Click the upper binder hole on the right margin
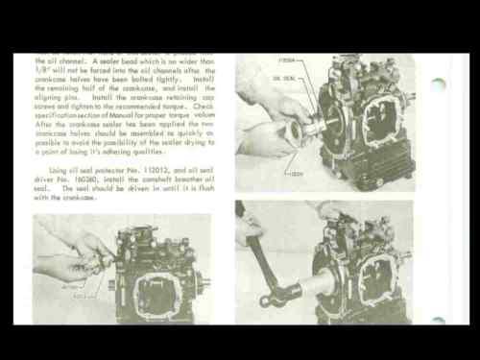(x=439, y=84)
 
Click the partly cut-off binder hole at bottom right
(x=439, y=320)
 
